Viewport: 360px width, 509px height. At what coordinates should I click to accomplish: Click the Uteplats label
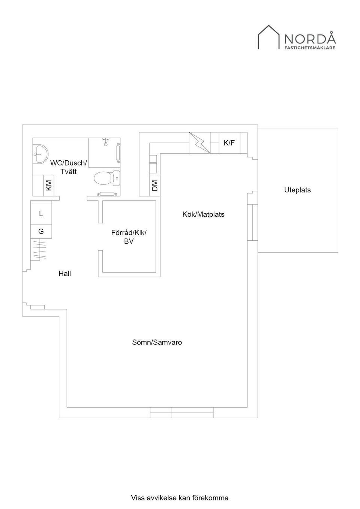point(297,190)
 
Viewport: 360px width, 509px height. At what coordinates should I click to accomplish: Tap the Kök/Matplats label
point(203,214)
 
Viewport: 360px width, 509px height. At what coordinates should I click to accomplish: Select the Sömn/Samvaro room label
point(157,342)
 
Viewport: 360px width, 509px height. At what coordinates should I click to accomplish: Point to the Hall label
point(64,274)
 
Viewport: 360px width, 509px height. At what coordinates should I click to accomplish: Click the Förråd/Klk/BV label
point(129,237)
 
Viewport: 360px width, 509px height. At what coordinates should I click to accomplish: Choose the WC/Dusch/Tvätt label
point(68,167)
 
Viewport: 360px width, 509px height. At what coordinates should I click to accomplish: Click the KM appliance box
point(48,185)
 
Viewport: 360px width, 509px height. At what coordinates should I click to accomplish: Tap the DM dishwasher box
point(155,186)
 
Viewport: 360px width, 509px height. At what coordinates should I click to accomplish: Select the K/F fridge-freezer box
point(229,143)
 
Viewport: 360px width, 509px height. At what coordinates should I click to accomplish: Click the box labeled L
point(41,214)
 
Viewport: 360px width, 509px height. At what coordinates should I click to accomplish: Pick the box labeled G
point(41,232)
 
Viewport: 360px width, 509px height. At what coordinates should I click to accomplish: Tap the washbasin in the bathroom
point(40,154)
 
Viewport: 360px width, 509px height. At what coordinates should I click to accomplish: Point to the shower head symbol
point(106,142)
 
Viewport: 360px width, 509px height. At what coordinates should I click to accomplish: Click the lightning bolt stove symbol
point(199,143)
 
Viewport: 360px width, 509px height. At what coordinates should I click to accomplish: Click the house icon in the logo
point(268,37)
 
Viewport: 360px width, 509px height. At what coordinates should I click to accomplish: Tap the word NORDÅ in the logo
point(310,39)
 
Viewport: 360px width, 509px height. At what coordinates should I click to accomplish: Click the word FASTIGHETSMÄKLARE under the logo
point(310,48)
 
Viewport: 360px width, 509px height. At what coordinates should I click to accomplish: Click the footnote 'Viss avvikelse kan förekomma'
point(180,498)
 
